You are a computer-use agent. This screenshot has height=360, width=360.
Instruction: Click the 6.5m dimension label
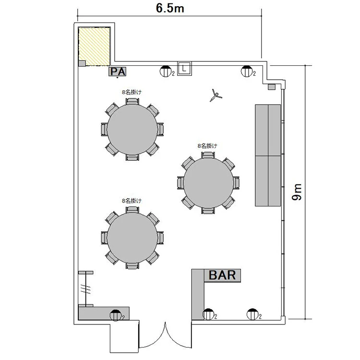(170, 9)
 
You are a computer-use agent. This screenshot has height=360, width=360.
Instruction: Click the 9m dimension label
(297, 192)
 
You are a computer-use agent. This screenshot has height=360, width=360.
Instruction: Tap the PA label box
(118, 72)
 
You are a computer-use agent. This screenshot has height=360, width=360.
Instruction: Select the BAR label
(222, 275)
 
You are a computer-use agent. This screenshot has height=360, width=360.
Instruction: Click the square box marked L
(184, 68)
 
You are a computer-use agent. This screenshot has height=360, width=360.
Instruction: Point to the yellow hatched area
(94, 47)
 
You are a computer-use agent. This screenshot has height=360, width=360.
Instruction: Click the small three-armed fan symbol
(216, 95)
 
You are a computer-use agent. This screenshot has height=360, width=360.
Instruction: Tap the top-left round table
(132, 130)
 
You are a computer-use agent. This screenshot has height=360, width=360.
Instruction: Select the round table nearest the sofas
(208, 183)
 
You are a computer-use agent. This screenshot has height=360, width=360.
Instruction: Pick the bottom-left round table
(132, 238)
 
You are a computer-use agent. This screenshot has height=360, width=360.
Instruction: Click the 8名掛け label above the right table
(207, 145)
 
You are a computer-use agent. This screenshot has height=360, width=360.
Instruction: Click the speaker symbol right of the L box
(247, 71)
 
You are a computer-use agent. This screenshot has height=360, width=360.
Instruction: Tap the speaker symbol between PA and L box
(166, 71)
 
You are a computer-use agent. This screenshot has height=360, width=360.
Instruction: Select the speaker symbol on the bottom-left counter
(116, 315)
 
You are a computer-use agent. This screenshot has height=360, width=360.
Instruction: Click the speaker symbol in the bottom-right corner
(253, 314)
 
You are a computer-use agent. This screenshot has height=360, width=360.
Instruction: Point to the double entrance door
(165, 335)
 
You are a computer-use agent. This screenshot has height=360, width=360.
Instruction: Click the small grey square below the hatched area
(82, 63)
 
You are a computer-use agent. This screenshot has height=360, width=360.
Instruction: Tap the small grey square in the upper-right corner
(272, 87)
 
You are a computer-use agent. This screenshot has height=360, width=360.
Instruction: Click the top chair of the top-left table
(132, 101)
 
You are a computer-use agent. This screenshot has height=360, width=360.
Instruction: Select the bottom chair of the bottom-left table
(132, 265)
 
